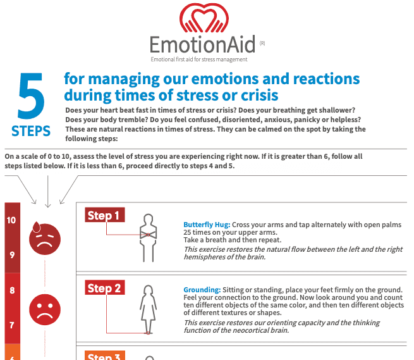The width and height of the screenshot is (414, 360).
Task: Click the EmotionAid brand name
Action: pyautogui.click(x=202, y=45)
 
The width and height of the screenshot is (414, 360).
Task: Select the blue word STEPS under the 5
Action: pyautogui.click(x=31, y=131)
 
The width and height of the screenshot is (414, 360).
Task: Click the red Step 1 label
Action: pyautogui.click(x=104, y=216)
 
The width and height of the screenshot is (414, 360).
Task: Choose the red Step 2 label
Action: pyautogui.click(x=105, y=289)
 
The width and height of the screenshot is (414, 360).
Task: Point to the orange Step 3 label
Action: pyautogui.click(x=105, y=356)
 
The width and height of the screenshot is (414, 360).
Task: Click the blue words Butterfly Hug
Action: pyautogui.click(x=207, y=225)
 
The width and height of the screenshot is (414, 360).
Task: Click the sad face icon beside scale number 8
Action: pyautogui.click(x=45, y=307)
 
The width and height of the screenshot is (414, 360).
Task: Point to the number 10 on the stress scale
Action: pyautogui.click(x=12, y=221)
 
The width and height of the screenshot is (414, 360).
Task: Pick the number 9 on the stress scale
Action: pyautogui.click(x=12, y=255)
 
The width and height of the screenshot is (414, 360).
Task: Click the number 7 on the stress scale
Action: pyautogui.click(x=12, y=325)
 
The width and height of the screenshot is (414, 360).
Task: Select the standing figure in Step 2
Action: pyautogui.click(x=148, y=307)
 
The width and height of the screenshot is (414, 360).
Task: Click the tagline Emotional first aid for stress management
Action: pyautogui.click(x=198, y=59)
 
